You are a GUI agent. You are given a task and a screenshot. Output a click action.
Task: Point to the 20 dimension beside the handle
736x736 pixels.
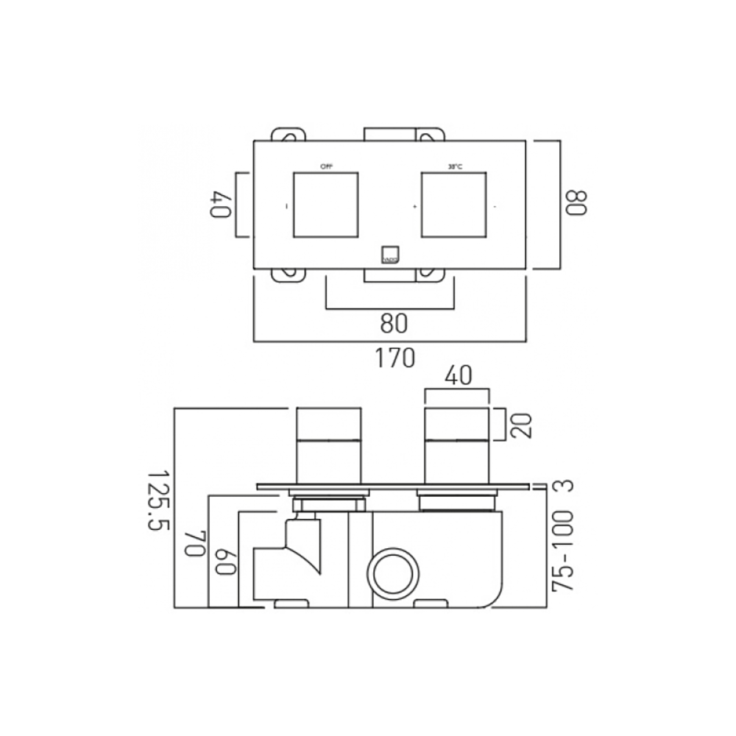click(520, 425)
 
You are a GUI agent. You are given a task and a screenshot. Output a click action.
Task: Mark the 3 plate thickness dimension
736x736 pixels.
click(564, 486)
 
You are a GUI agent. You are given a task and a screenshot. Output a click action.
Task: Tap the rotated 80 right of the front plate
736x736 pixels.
click(576, 204)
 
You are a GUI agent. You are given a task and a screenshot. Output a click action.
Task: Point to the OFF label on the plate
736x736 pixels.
click(326, 166)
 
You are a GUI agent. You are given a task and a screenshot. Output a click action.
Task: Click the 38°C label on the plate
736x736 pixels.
click(454, 166)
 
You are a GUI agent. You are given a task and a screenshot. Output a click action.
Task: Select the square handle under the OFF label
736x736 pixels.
click(326, 205)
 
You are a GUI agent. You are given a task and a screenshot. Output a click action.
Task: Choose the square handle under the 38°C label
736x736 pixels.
click(454, 205)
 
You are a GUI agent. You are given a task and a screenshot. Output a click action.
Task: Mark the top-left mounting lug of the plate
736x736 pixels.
click(288, 135)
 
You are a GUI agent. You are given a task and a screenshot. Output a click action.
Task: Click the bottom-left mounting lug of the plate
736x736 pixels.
click(288, 275)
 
